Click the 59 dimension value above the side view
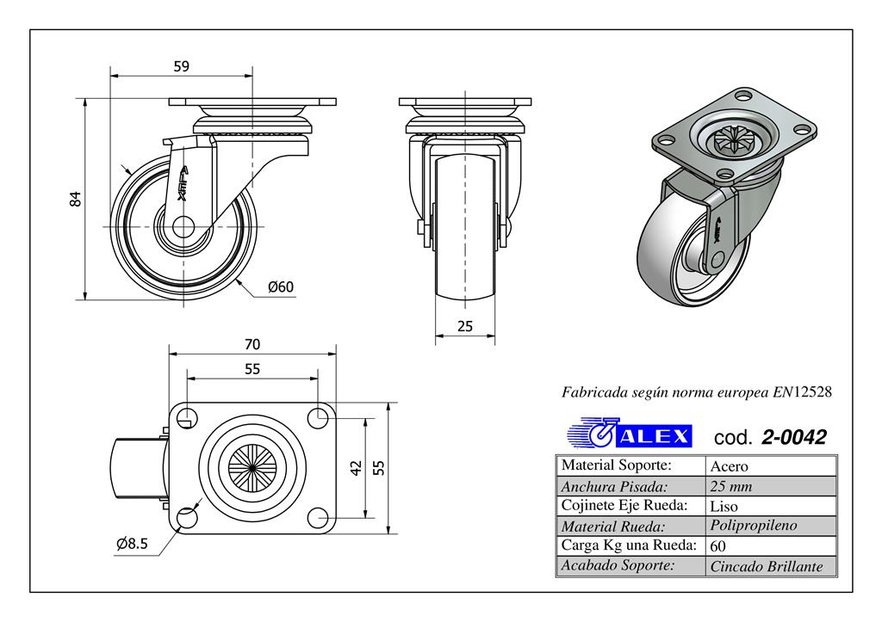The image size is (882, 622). (181, 66)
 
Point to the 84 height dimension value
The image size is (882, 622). (76, 199)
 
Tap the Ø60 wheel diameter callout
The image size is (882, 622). (281, 287)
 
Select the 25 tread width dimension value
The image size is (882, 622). (464, 326)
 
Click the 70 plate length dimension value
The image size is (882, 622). (252, 344)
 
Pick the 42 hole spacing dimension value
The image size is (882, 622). (356, 468)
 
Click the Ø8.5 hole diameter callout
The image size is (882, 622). (132, 544)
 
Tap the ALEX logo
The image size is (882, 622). (630, 434)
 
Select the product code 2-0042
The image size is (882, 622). (793, 437)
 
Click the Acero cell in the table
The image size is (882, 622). (729, 466)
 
